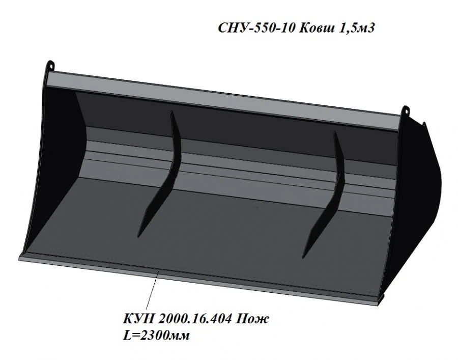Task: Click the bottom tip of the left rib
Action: pos(139,235)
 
